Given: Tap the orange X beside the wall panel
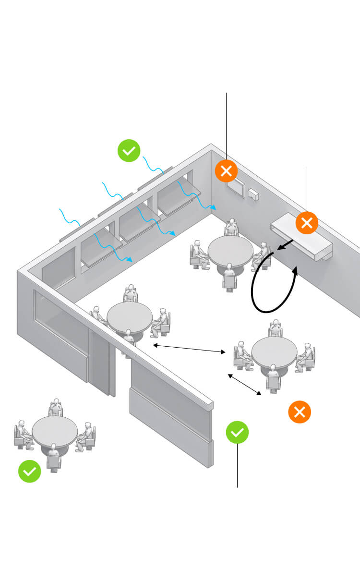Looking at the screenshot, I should tap(227, 170).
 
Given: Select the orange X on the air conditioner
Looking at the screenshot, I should tap(307, 222).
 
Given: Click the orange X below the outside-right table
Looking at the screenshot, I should tap(300, 412).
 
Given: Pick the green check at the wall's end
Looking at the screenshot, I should tap(238, 432).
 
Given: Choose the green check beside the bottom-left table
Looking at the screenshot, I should tap(30, 472).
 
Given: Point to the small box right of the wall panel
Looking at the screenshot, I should tap(253, 194).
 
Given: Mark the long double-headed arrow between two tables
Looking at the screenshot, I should tap(189, 349).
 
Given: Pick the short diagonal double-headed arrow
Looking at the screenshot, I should tap(245, 385).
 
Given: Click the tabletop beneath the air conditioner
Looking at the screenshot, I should tap(230, 249).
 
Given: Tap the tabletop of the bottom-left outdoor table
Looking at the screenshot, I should tap(55, 430).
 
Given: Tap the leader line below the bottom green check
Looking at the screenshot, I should tap(238, 465).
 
